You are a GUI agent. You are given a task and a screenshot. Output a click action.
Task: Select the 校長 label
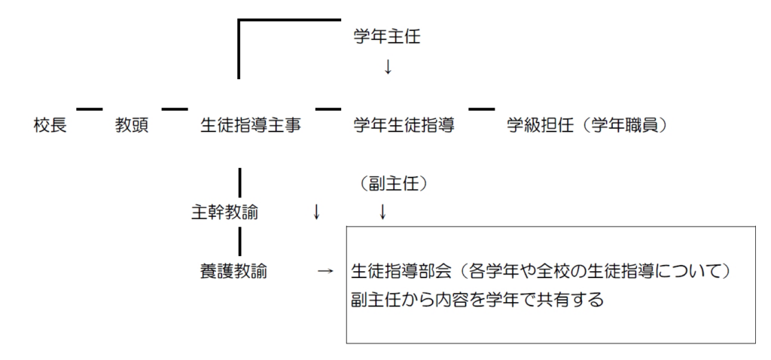[50, 125]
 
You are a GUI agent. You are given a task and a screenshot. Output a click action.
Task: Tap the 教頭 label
[132, 125]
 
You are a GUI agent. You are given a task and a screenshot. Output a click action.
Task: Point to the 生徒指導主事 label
[251, 125]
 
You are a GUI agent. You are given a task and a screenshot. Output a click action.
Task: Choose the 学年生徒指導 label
[404, 125]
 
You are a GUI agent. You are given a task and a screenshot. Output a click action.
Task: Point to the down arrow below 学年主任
[388, 67]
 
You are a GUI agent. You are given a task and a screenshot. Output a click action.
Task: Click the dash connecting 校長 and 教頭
[89, 110]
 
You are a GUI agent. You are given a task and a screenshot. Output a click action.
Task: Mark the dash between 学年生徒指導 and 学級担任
[482, 110]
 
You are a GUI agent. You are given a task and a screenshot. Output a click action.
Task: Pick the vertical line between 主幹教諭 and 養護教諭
[239, 242]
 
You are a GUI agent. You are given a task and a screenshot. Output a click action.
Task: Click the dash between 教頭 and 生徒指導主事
[174, 110]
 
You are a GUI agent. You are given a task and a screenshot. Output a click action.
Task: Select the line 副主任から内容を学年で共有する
[478, 299]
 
